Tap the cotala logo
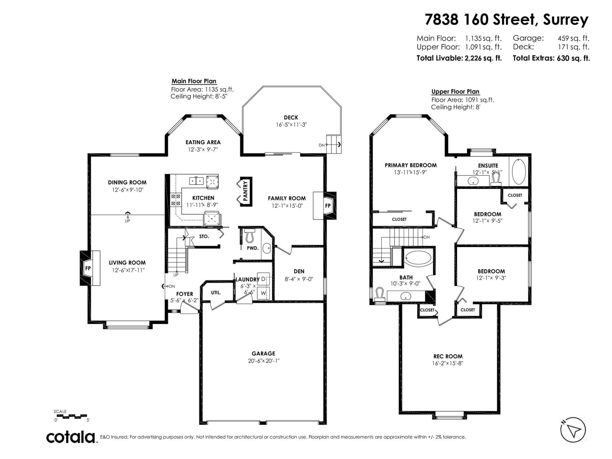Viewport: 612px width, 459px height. click(71, 437)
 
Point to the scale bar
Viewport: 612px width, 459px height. click(71, 415)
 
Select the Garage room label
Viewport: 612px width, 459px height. click(263, 353)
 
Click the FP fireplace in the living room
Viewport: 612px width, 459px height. click(88, 268)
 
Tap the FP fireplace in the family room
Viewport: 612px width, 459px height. click(328, 205)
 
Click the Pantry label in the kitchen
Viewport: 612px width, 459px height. click(246, 191)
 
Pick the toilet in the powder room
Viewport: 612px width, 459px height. click(250, 236)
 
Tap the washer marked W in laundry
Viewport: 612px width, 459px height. click(263, 293)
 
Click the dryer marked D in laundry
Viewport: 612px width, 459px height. click(263, 279)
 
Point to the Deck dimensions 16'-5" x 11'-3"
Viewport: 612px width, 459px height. click(291, 125)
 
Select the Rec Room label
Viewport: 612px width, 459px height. click(448, 356)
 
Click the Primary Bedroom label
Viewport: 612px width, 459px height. click(410, 165)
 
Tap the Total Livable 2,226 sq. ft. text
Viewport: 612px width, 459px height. click(459, 58)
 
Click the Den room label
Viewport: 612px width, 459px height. click(299, 271)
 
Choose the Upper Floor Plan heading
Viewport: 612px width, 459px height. click(455, 91)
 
